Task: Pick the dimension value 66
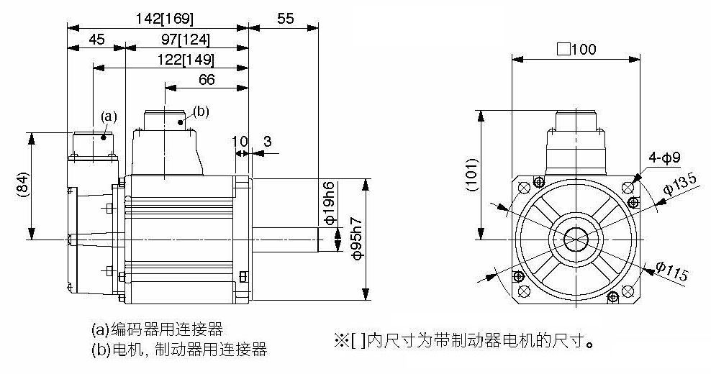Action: coord(207,79)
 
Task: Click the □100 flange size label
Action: coord(576,49)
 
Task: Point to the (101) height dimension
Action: coord(469,175)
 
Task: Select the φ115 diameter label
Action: coord(671,272)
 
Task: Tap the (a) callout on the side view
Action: coord(108,115)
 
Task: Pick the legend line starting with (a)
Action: coord(157,330)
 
